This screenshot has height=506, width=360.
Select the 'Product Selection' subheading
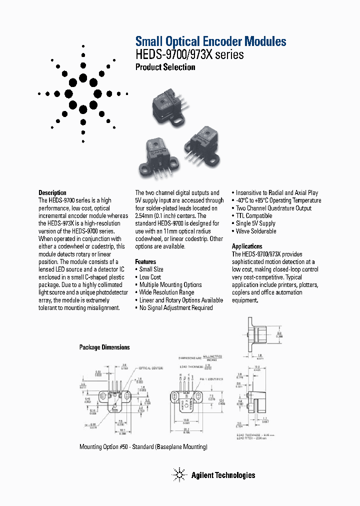pos(165,67)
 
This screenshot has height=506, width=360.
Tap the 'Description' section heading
pos(52,192)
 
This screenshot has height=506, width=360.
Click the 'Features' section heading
pos(145,261)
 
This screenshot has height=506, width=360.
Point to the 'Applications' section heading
pos(247,246)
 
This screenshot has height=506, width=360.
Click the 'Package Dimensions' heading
pos(104,347)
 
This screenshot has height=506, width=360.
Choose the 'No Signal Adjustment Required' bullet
pos(174,308)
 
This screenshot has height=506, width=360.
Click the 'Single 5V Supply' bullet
pos(254,223)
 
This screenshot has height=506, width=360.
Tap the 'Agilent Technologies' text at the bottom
pos(223,475)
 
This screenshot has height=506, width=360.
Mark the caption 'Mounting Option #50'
pos(143,446)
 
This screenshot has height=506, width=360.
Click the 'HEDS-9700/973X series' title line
pos(190,54)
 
